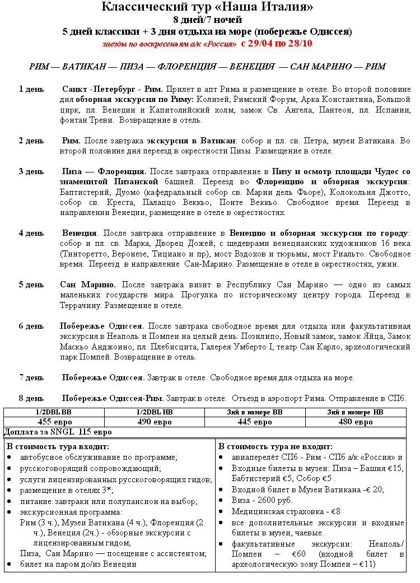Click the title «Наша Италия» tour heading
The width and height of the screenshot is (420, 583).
[207, 7]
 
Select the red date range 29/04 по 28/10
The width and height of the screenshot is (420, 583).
[277, 43]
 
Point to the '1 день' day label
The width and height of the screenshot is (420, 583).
[31, 90]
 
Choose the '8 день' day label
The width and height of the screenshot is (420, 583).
[31, 398]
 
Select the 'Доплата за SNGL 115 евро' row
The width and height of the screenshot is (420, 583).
[58, 432]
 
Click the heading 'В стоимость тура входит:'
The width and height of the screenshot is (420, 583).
[58, 447]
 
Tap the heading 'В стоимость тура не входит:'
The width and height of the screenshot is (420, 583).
[275, 447]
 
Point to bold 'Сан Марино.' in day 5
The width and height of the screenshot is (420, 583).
[88, 284]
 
